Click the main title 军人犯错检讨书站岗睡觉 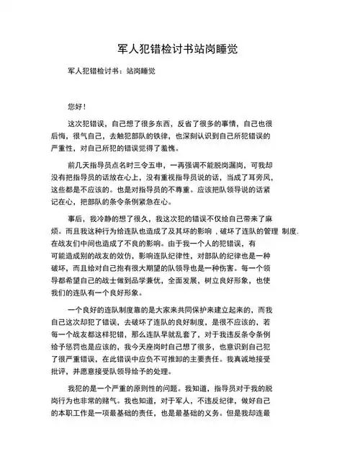179,49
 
